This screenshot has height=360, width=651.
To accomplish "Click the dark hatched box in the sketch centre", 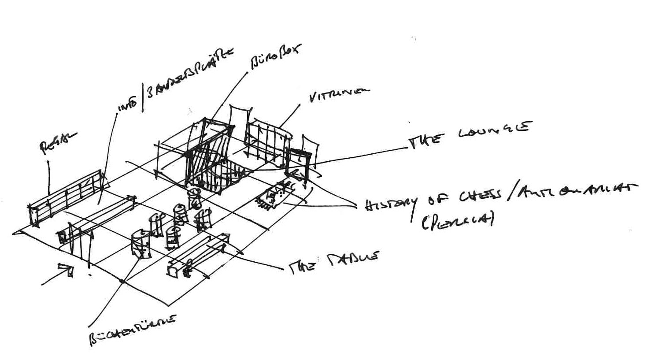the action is coord(211,165).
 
